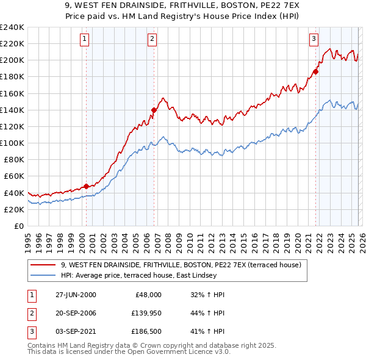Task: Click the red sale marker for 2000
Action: (x=86, y=186)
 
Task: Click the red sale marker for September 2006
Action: (x=154, y=110)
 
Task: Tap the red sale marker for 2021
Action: (x=315, y=71)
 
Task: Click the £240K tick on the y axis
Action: (x=12, y=27)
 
